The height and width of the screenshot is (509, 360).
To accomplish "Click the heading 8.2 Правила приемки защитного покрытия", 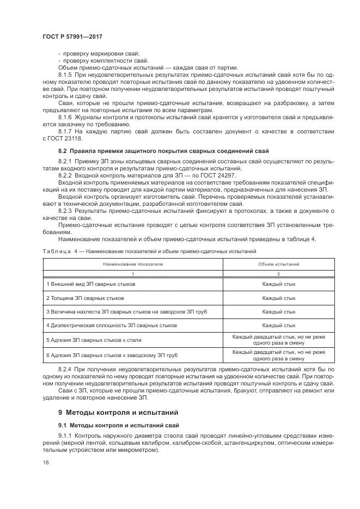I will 163,150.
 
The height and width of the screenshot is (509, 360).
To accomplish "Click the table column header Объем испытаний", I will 278,263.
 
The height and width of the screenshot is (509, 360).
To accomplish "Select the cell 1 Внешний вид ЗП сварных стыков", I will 90,284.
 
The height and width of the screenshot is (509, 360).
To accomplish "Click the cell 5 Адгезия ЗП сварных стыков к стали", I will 94,340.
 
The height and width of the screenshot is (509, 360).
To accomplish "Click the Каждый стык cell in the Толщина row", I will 278,298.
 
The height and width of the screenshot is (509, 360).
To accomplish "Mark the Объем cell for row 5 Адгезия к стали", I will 278,340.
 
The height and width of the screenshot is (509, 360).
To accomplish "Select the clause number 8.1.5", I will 65,73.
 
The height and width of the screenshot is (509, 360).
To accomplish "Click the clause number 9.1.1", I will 65,437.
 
